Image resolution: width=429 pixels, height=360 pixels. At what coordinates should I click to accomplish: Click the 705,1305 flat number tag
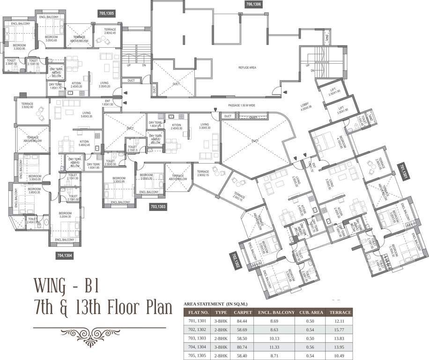point(107,13)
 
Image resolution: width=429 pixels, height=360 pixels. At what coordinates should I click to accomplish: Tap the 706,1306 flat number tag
point(253,5)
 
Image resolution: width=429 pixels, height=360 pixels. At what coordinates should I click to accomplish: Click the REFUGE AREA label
point(246,67)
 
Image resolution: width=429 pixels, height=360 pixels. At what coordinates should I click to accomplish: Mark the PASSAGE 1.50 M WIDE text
point(242,105)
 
